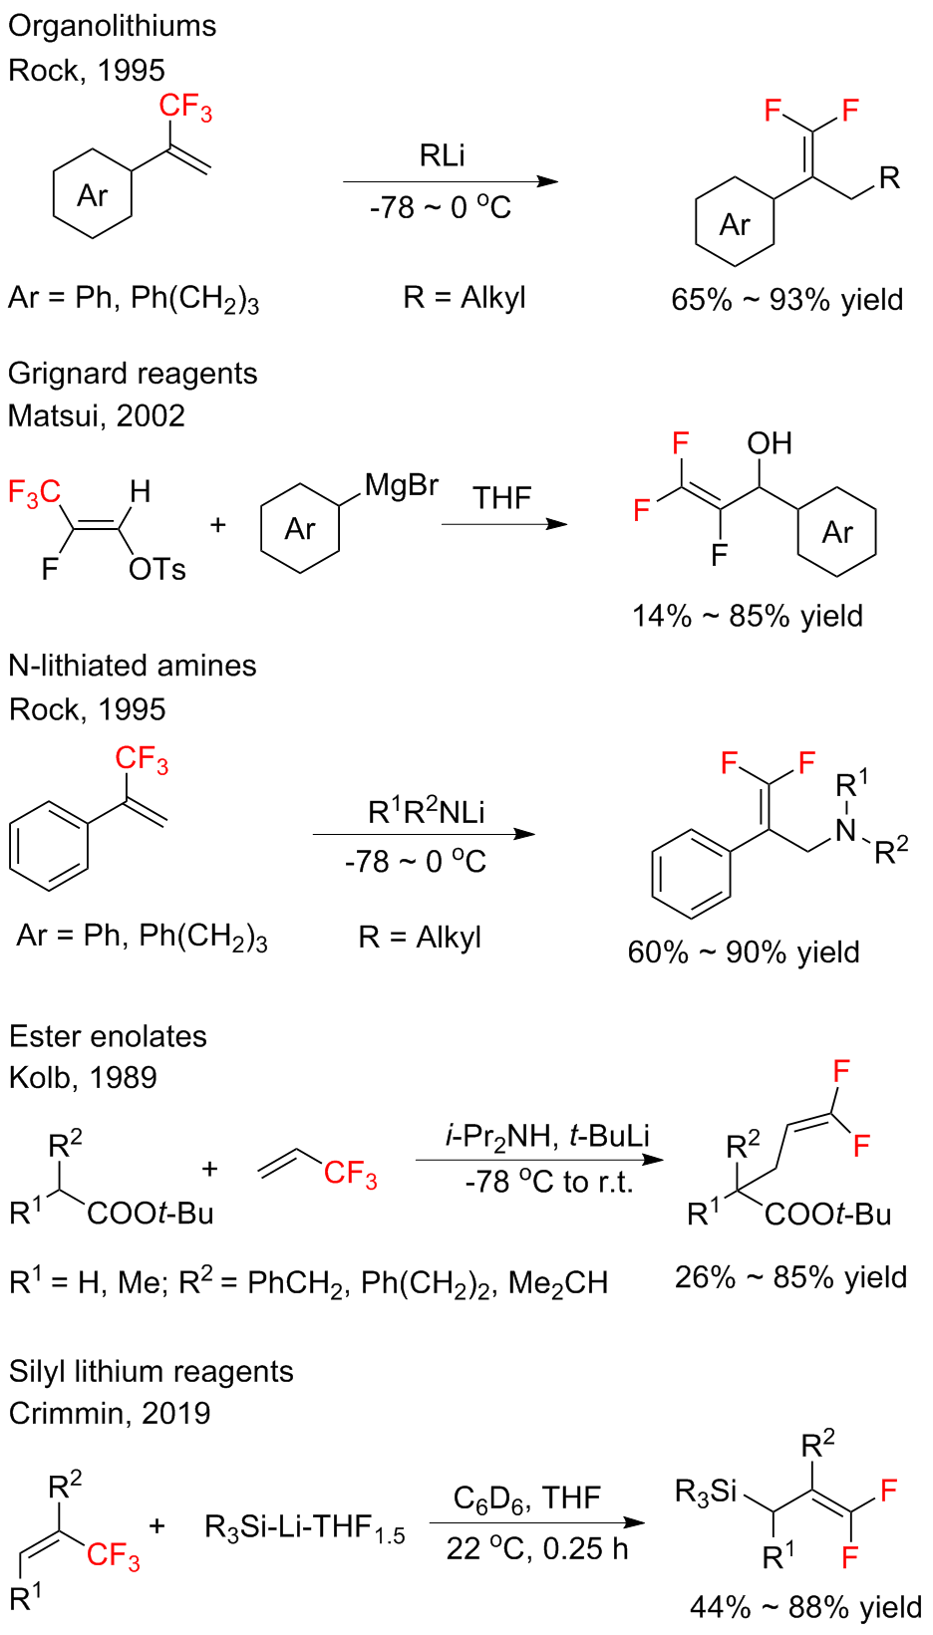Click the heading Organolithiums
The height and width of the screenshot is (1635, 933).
(112, 26)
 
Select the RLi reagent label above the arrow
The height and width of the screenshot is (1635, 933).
(442, 155)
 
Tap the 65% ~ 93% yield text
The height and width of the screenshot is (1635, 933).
(786, 300)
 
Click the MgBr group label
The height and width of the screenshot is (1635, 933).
(401, 485)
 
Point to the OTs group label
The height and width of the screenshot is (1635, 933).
(157, 570)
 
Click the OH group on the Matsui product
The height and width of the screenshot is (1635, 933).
(770, 443)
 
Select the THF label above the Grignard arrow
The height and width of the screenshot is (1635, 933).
(501, 497)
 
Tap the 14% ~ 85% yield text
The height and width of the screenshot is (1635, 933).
(747, 616)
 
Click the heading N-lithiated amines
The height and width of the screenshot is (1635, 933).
(133, 666)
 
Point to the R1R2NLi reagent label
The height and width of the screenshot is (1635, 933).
(426, 811)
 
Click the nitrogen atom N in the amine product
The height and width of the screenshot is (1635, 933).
(846, 830)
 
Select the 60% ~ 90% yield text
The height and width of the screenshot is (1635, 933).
(743, 953)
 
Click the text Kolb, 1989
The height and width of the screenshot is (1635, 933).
(83, 1077)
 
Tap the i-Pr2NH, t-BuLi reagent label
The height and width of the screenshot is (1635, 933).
(547, 1136)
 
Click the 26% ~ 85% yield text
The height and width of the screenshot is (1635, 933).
(790, 1277)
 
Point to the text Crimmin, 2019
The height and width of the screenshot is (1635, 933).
(110, 1413)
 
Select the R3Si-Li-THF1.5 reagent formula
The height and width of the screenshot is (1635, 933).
(304, 1527)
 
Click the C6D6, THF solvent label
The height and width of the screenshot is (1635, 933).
(527, 1499)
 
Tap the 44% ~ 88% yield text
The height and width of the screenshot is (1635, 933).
(805, 1607)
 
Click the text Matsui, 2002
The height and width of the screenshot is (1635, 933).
(97, 415)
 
